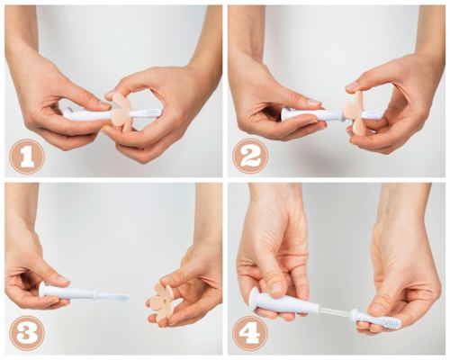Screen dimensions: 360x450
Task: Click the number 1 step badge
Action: point(26,157)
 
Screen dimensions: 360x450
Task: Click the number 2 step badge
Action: point(249,157)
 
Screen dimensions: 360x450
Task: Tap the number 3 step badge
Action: point(26,333)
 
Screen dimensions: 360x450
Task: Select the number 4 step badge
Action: point(249,333)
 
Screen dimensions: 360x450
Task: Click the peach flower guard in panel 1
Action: point(119,111)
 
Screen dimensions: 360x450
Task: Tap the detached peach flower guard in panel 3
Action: point(165,302)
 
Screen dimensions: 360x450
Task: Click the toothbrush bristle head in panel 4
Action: point(387,318)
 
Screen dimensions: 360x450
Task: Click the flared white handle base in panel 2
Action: point(288,114)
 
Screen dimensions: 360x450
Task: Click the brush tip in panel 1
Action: point(152,112)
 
